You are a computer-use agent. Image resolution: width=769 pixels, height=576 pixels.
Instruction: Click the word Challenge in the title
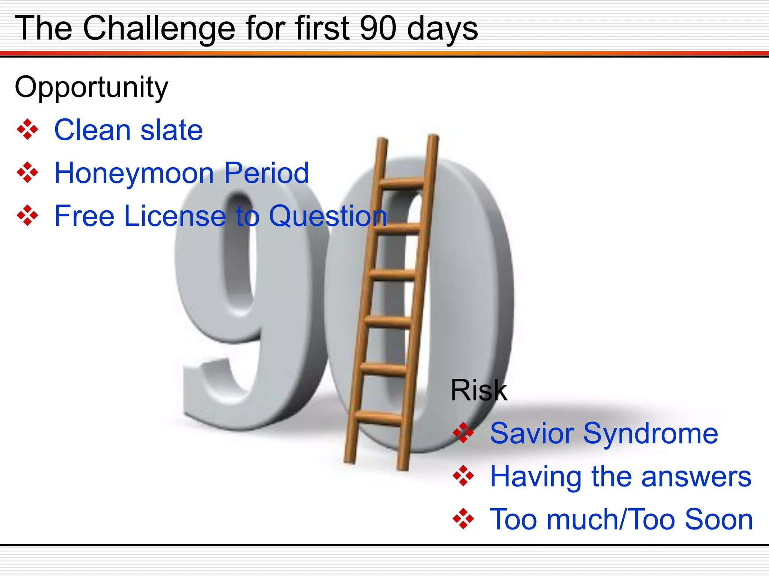(159, 28)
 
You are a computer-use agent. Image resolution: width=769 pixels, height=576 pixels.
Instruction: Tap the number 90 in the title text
(378, 28)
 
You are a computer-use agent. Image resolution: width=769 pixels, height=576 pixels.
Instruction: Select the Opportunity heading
(91, 87)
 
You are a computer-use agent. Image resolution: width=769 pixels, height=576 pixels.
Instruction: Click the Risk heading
(479, 390)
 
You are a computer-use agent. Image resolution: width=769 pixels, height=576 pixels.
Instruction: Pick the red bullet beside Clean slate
(27, 130)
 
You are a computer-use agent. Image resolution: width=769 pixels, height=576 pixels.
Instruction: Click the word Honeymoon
(134, 173)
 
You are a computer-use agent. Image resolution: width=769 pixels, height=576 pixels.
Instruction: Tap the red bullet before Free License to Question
(27, 216)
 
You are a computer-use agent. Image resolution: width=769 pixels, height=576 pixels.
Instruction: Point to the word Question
(327, 216)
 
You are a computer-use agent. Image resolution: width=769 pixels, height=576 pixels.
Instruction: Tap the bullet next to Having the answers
(463, 476)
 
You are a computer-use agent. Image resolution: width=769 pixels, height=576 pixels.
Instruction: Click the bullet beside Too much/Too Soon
(463, 519)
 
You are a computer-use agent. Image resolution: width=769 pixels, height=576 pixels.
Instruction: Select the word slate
(171, 130)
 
